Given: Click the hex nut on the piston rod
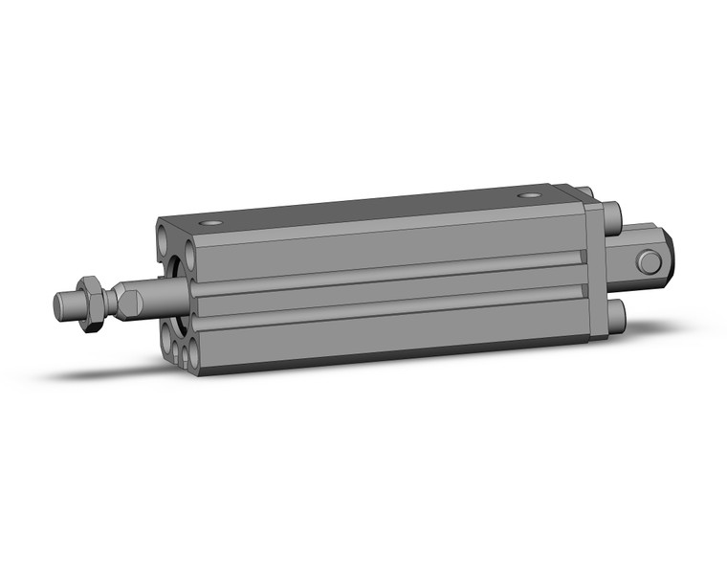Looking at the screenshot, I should [90, 303].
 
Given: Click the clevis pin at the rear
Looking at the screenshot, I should [650, 261].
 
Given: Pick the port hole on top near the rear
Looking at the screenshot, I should [529, 196].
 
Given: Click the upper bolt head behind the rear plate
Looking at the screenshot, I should [613, 213].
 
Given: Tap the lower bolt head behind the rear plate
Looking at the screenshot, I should [615, 313].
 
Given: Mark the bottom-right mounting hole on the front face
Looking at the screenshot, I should [194, 356].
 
